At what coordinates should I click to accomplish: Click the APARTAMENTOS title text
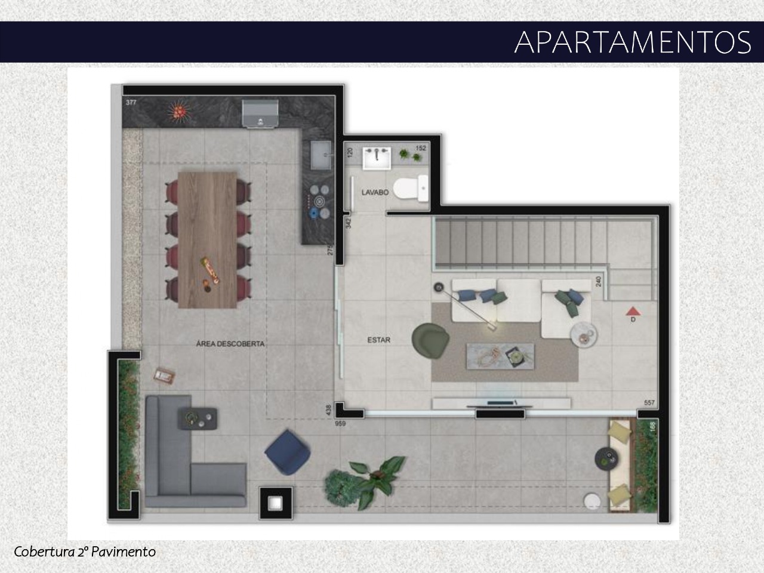[x=633, y=42]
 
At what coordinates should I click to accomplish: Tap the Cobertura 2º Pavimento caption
[x=85, y=551]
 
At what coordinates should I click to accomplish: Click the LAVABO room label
[x=375, y=193]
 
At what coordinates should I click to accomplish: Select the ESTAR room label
[x=378, y=340]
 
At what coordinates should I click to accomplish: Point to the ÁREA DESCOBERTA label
[x=230, y=344]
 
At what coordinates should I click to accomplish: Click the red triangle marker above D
[x=633, y=310]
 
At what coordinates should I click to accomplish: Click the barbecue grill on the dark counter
[x=260, y=113]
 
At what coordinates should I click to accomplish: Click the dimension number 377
[x=131, y=103]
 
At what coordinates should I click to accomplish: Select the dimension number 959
[x=341, y=424]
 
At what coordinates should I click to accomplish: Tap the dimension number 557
[x=649, y=403]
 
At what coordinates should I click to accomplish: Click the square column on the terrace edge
[x=275, y=503]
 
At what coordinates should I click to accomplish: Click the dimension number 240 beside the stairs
[x=597, y=282]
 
